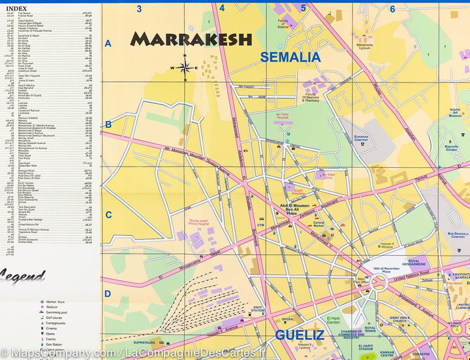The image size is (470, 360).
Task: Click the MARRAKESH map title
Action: tap(191, 39)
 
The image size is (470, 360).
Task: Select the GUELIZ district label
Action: tap(299, 335)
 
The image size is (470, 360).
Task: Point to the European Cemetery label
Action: tap(361, 139)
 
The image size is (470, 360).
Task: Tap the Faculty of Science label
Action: tap(283, 25)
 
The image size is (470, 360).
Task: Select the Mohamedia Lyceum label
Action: tap(364, 48)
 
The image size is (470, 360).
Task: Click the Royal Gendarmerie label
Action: tap(414, 263)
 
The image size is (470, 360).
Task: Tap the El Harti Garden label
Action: tap(333, 319)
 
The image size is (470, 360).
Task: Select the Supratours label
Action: tap(144, 342)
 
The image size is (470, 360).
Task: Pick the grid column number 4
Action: tap(222, 8)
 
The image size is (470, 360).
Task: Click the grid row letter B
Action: tap(108, 125)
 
